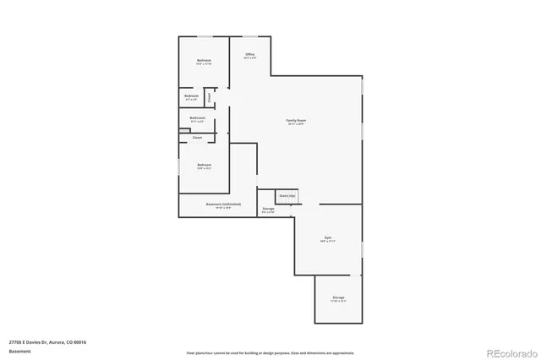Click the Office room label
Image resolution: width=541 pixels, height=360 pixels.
tap(249, 54)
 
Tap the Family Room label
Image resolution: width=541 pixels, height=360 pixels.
tap(295, 121)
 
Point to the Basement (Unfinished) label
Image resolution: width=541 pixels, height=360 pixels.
tap(223, 204)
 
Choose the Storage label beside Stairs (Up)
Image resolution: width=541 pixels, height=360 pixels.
tap(268, 208)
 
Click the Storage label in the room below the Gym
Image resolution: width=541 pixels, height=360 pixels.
tap(338, 297)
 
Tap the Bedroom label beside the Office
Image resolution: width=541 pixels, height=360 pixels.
tap(204, 60)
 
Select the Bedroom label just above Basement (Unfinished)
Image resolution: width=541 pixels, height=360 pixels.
tap(204, 164)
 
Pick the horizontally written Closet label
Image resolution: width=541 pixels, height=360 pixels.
tap(197, 137)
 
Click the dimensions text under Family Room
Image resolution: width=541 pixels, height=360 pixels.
tap(295, 125)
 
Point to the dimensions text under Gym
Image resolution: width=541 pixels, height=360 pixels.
tap(328, 243)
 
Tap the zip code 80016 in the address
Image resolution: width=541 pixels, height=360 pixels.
tap(80, 341)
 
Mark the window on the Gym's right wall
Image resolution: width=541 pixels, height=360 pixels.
tap(362, 251)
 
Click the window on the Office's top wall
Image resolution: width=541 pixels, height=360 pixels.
tap(250, 35)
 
